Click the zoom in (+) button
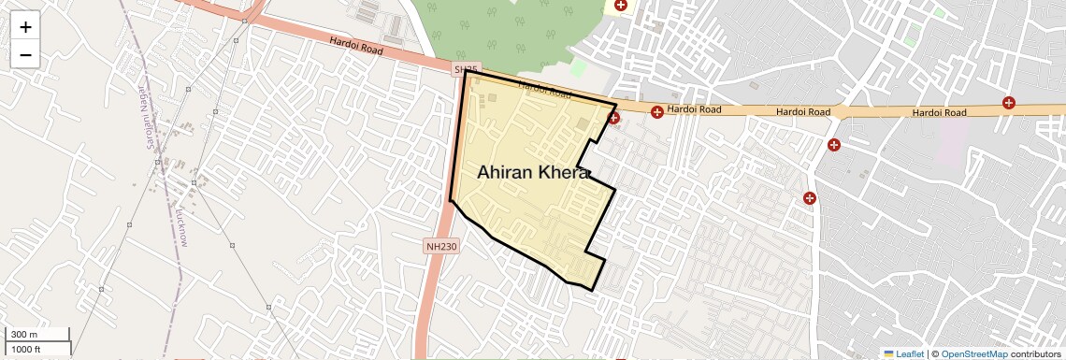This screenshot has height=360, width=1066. pos(25,26)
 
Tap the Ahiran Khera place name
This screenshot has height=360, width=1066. pos(533,173)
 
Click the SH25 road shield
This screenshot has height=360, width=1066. pos(466,69)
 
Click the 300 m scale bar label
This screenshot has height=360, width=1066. pos(25,335)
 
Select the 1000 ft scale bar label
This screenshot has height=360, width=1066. pos(25,349)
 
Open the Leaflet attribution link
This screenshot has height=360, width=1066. pos(910,353)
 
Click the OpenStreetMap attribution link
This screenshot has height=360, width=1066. pos(973,353)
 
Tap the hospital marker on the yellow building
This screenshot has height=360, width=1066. pos(620,6)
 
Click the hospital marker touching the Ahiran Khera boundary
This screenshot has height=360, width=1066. pos(613,118)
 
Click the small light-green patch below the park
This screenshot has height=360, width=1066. pos(578,69)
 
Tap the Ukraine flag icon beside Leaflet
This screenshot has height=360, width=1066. pos(888,353)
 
